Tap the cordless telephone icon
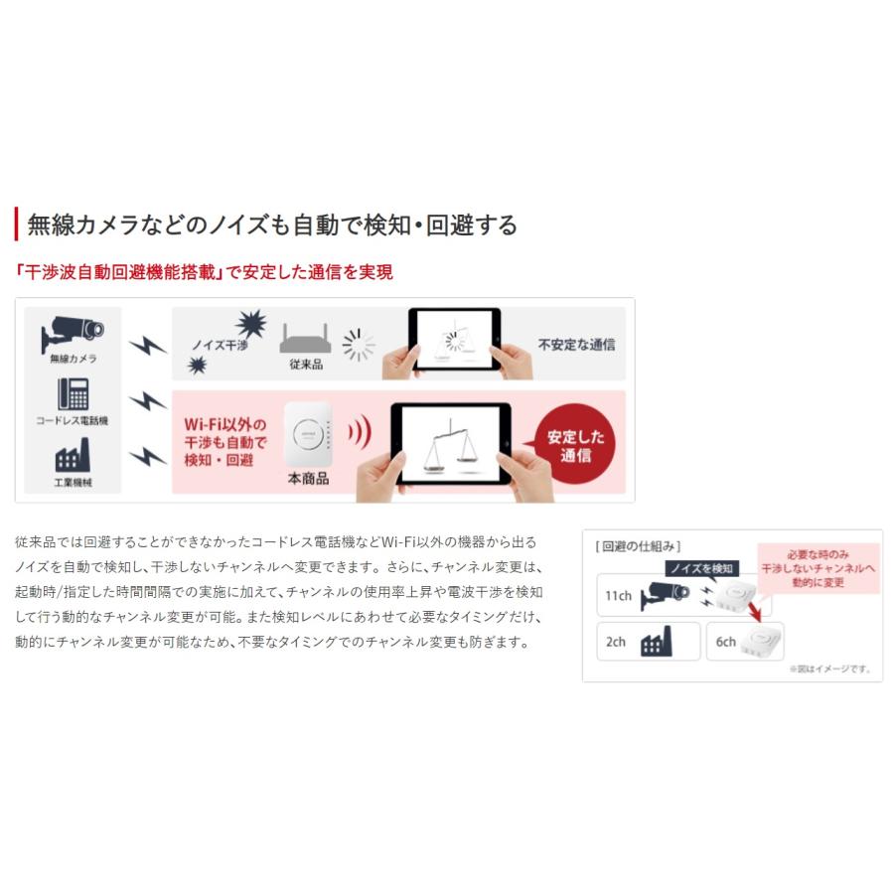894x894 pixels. point(73,394)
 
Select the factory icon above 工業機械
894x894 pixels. point(73,456)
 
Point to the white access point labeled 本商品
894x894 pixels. point(308,433)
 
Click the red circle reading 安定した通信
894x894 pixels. point(568,446)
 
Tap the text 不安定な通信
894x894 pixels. point(576,345)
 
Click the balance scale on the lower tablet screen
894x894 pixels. point(450,444)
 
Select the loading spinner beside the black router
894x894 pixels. point(359,345)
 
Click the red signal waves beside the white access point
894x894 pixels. point(359,433)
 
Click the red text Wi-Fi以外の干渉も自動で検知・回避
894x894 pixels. point(225,441)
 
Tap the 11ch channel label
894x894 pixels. point(618,595)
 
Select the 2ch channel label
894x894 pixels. point(616,642)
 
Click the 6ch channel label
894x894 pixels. point(726,642)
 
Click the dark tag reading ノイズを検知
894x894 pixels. point(701,568)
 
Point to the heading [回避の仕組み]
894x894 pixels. point(638,545)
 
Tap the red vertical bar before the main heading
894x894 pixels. point(17,224)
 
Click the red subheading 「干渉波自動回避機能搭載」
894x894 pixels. point(117,272)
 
